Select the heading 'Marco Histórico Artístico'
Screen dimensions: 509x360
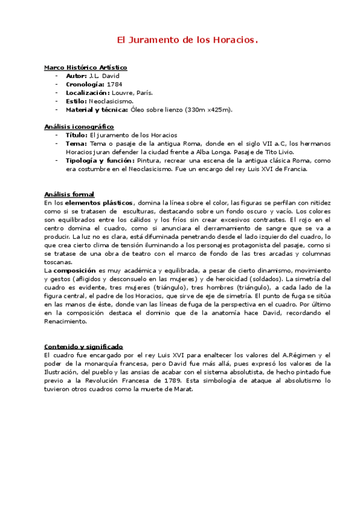tap(85, 68)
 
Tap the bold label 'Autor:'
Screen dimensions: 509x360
tap(76, 76)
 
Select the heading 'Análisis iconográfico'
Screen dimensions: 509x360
tap(79, 127)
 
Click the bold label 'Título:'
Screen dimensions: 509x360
tap(77, 135)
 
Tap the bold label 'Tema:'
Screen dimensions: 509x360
tap(76, 143)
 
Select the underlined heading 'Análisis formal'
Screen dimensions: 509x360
tap(69, 194)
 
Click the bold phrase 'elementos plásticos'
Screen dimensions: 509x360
tap(99, 203)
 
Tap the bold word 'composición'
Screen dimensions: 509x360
tap(75, 271)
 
